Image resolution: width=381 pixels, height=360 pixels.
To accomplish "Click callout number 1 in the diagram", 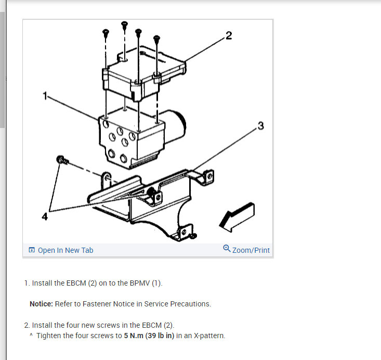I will pyautogui.click(x=45, y=95).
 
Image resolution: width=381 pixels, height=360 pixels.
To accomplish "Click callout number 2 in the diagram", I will pyautogui.click(x=229, y=35).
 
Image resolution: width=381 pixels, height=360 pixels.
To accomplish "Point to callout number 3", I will pyautogui.click(x=260, y=126).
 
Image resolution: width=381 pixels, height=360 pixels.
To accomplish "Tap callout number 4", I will pyautogui.click(x=45, y=217).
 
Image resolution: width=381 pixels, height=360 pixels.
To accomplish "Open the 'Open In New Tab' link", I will pyautogui.click(x=65, y=250).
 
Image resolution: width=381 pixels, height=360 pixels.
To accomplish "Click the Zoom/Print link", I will pyautogui.click(x=251, y=250).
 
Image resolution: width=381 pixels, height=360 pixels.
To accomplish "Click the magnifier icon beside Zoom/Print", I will pyautogui.click(x=227, y=249).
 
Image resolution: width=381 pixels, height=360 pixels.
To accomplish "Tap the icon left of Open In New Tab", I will pyautogui.click(x=32, y=250).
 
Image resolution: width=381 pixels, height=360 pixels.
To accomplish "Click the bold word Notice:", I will pyautogui.click(x=41, y=304).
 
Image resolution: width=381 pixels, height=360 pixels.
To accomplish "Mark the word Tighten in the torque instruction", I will pyautogui.click(x=50, y=336).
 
